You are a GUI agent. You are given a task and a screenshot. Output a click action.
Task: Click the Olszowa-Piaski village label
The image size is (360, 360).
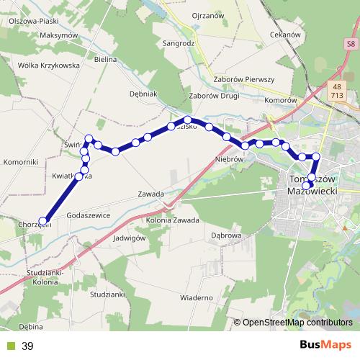(33, 22)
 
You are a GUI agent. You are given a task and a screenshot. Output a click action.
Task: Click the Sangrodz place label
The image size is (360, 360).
(181, 42)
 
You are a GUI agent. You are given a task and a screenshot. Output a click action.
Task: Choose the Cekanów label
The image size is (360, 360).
(284, 35)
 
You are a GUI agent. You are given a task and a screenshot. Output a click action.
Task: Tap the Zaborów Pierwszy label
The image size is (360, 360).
(244, 80)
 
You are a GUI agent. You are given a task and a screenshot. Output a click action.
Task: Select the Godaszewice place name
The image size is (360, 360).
(88, 215)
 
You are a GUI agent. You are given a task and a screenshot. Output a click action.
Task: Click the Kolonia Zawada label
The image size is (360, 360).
(172, 220)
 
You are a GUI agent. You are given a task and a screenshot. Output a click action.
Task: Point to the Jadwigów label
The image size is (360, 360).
(130, 237)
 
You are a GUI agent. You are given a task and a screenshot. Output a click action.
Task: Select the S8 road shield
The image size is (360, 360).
(350, 45)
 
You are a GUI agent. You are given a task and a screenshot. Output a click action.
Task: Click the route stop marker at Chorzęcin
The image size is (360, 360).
(43, 221)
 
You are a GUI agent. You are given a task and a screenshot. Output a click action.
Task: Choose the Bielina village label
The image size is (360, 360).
(105, 58)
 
